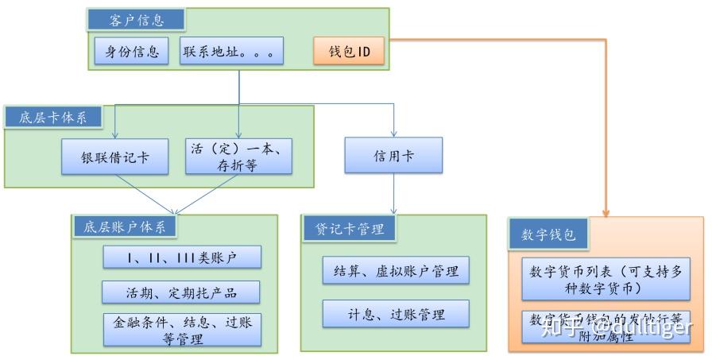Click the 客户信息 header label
point(136,20)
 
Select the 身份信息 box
point(131,52)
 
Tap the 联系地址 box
point(229,52)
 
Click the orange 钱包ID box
point(349,52)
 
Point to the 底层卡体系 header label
point(54,118)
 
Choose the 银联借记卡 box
point(115,156)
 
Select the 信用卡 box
point(394,156)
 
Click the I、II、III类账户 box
point(182,257)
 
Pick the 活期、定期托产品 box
point(182,292)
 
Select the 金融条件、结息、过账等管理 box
point(182,329)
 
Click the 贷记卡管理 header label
point(350,229)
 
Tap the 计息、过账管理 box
point(396,313)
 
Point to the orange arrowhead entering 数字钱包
point(606,213)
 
